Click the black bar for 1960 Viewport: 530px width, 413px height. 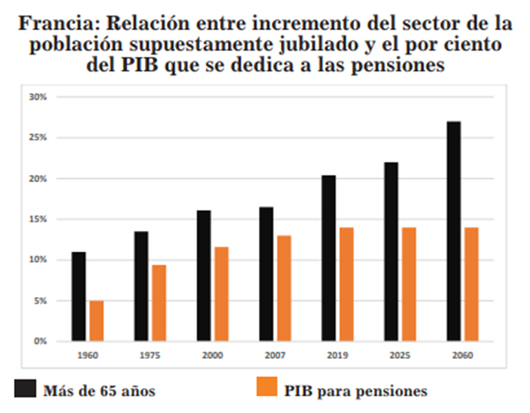click(x=79, y=296)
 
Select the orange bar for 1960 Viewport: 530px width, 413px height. click(x=96, y=320)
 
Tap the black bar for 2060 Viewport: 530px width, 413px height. click(x=454, y=231)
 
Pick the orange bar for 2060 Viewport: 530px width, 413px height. click(x=472, y=284)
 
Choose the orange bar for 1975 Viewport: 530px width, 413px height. click(x=159, y=302)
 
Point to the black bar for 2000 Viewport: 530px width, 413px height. click(x=204, y=275)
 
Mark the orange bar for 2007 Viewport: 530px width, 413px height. click(x=284, y=287)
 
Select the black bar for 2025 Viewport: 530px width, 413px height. click(x=391, y=251)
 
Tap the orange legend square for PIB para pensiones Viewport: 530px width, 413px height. click(x=266, y=387)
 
